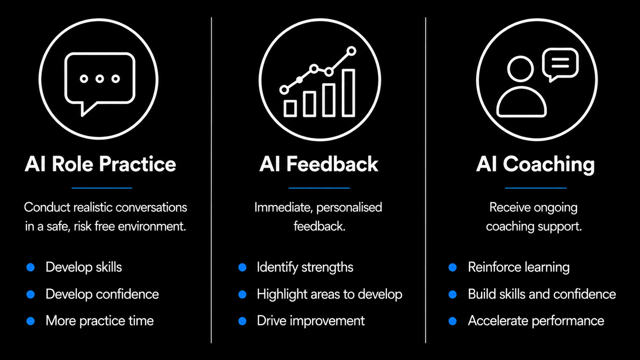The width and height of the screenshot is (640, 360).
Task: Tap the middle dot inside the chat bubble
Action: pyautogui.click(x=100, y=78)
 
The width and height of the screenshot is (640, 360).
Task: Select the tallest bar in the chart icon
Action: pyautogui.click(x=348, y=93)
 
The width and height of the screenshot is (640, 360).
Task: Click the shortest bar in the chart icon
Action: pyautogui.click(x=290, y=109)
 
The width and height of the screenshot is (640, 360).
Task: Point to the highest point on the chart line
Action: pyautogui.click(x=352, y=51)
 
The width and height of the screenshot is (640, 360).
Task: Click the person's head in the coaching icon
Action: pyautogui.click(x=520, y=69)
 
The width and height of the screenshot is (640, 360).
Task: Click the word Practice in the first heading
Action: pyautogui.click(x=137, y=165)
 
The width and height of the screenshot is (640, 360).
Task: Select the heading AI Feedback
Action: pyautogui.click(x=319, y=164)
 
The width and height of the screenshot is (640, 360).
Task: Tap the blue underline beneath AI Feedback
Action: pyautogui.click(x=319, y=188)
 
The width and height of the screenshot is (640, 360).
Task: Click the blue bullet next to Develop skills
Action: pyautogui.click(x=31, y=267)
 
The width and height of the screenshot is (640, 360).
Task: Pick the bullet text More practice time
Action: pyautogui.click(x=100, y=321)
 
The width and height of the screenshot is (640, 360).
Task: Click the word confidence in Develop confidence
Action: pyautogui.click(x=127, y=294)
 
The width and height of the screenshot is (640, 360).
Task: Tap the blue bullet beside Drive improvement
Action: pyautogui.click(x=242, y=321)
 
